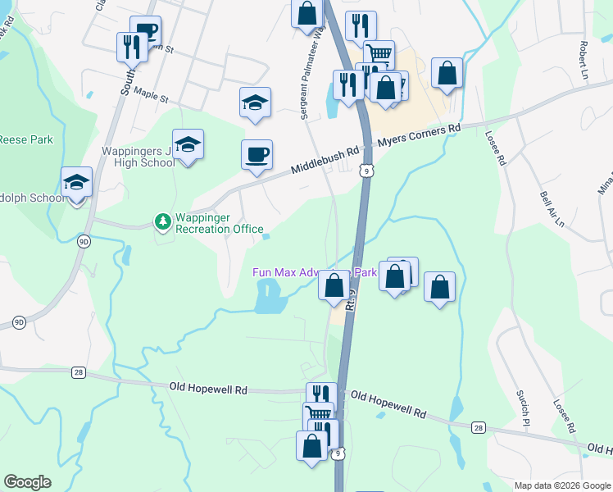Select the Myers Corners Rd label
(420, 135)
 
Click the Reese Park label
(25, 139)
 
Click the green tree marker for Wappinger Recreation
(162, 221)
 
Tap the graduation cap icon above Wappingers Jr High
(188, 145)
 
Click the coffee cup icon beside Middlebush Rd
(257, 154)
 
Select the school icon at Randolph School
(77, 183)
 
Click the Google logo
(27, 482)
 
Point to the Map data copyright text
(562, 485)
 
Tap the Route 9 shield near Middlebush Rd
(368, 170)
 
